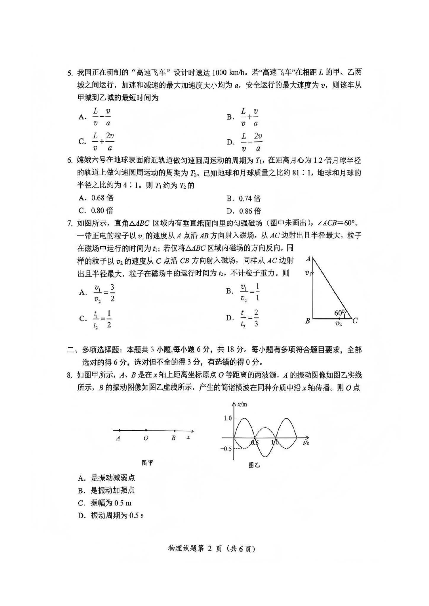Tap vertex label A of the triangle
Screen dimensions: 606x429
(308, 259)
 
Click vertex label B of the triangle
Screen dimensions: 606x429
(308, 321)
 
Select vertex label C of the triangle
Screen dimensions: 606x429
(355, 321)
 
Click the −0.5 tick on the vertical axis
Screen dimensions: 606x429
(226, 449)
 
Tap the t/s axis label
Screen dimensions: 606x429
(306, 443)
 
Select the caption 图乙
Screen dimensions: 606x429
(254, 465)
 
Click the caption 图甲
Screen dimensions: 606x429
(147, 463)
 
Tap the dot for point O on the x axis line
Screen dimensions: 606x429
(146, 431)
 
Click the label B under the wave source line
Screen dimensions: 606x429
(174, 438)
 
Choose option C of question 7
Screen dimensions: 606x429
(95, 319)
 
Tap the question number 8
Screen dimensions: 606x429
(69, 375)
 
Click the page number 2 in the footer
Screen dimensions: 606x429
(210, 549)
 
